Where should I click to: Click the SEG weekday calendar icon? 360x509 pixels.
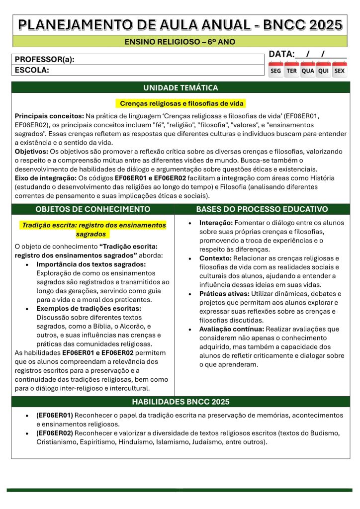pos(275,70)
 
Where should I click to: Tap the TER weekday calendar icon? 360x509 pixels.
pos(291,70)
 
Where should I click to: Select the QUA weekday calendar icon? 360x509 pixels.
pos(308,70)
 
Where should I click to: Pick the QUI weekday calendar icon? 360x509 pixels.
pos(324,70)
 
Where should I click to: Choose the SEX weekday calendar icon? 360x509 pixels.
pos(340,70)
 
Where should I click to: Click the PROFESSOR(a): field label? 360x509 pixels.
pos(45,60)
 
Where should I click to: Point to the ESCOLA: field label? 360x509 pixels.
pos(32,70)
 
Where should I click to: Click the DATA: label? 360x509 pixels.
pos(282,54)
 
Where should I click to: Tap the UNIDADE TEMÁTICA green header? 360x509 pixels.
pos(180,87)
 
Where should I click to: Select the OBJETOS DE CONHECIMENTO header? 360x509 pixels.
pos(93,209)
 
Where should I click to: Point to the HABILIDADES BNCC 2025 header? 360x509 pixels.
pos(180,402)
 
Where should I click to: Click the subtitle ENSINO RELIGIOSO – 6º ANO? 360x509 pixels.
pos(180,41)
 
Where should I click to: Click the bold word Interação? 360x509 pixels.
pos(216,223)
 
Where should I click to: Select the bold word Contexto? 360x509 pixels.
pos(214,258)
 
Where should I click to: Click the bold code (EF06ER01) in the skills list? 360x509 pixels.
pos(55,415)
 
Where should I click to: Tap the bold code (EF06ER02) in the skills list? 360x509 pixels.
pos(55,433)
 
